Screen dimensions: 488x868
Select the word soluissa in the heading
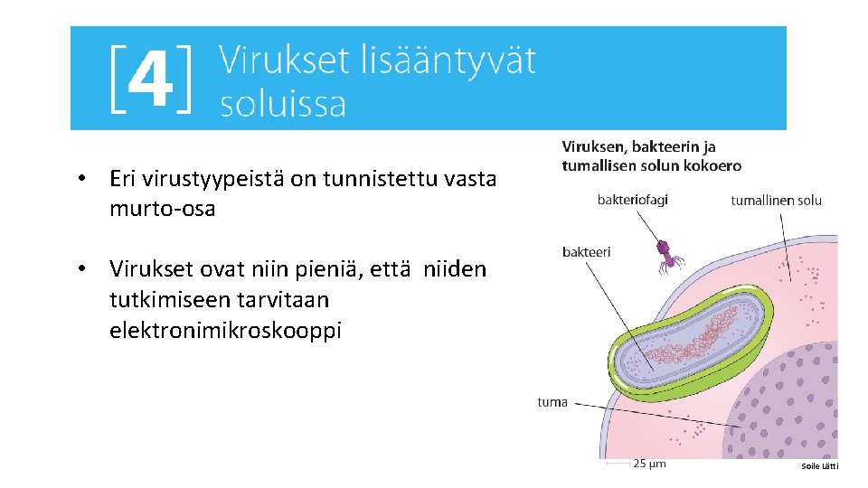(x=283, y=104)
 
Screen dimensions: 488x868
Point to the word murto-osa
(x=162, y=209)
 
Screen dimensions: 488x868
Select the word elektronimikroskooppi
(x=225, y=330)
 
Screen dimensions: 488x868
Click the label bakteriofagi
(x=632, y=200)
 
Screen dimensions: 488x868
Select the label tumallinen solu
(x=776, y=200)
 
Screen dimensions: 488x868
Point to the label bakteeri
(x=586, y=251)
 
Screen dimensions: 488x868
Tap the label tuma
(x=552, y=402)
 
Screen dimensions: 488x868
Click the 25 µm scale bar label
(x=648, y=464)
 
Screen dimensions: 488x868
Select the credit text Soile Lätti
(x=820, y=466)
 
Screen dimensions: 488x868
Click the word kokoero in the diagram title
(x=712, y=165)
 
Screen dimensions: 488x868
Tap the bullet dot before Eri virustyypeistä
(x=81, y=179)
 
